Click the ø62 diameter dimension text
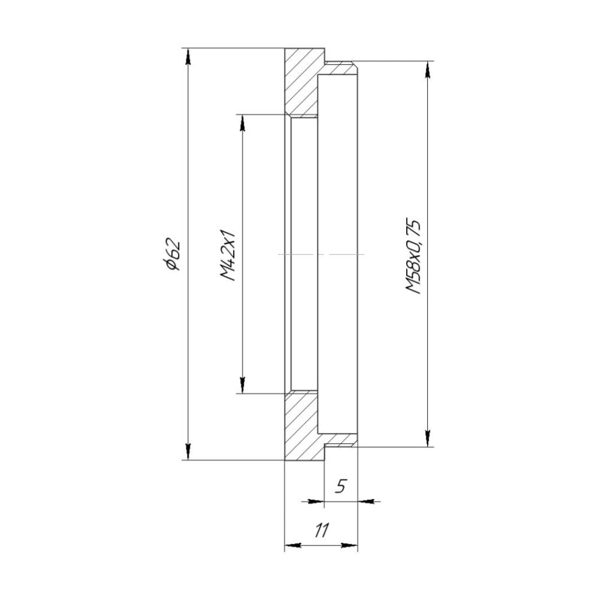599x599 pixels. tap(174, 255)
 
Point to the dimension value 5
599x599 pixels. tap(340, 486)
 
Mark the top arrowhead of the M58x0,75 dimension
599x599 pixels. tap(427, 69)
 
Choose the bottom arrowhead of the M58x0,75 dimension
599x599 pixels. tap(427, 438)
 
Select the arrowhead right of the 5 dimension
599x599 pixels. tap(366, 501)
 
